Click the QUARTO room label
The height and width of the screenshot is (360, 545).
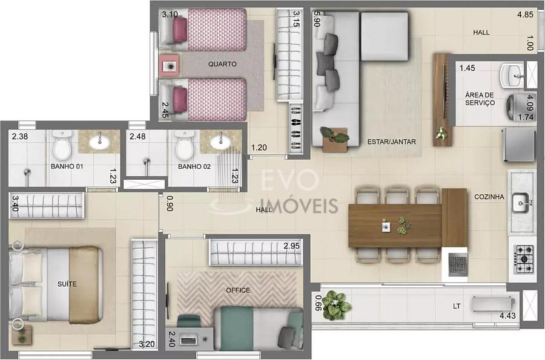click(222, 64)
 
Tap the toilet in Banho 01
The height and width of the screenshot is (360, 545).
click(62, 145)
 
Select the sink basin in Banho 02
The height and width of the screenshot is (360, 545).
click(220, 140)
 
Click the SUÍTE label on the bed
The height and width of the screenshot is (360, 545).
click(67, 284)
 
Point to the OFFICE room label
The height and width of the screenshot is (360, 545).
click(238, 290)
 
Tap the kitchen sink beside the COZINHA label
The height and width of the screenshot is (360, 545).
click(521, 203)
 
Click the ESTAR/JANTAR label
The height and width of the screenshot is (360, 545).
click(391, 142)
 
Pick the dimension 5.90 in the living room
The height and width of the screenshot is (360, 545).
click(317, 19)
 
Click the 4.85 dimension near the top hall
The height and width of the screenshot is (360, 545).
click(525, 15)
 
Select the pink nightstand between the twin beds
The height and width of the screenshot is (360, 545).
click(170, 65)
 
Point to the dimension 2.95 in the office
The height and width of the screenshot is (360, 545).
click(291, 246)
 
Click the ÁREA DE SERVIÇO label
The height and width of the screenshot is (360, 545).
click(480, 99)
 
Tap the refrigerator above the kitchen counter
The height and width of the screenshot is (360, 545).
click(518, 145)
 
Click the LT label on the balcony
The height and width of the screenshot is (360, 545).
click(457, 306)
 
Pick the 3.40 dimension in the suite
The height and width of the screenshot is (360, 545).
click(15, 204)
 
